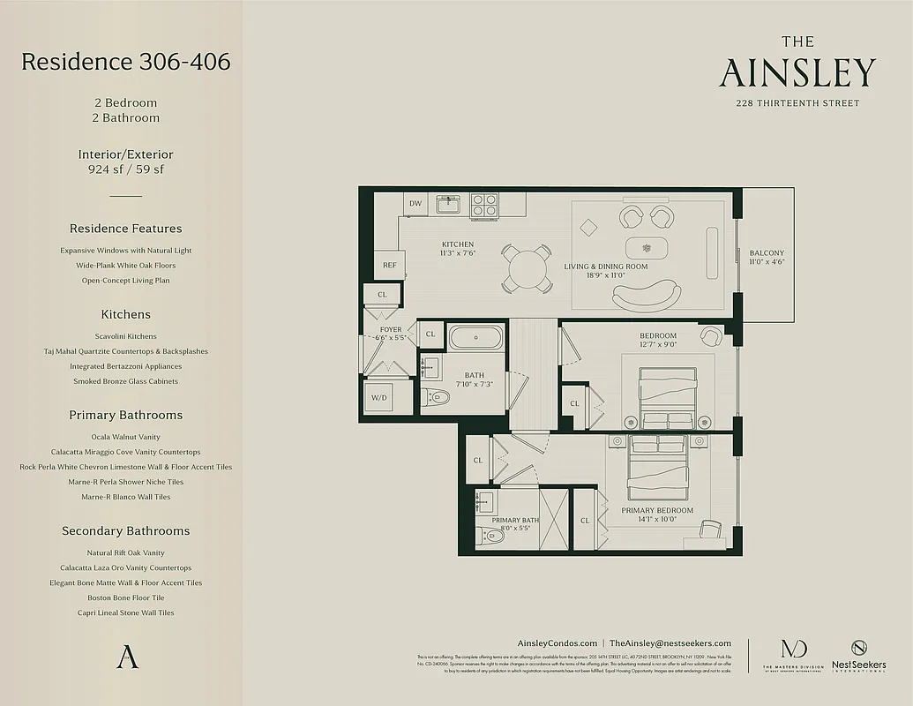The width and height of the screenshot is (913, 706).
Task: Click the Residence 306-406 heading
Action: click(x=125, y=62)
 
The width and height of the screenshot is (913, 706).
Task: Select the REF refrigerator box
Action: click(x=388, y=265)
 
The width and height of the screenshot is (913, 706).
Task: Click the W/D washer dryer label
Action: click(x=378, y=398)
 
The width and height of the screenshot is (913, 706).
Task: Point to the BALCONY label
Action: click(x=767, y=252)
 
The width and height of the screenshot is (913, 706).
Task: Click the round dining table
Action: click(x=527, y=267)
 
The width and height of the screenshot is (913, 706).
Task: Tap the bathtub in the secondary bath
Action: click(x=475, y=337)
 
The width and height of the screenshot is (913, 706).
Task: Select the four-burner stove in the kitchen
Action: click(x=483, y=205)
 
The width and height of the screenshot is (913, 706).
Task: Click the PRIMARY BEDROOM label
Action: click(x=656, y=510)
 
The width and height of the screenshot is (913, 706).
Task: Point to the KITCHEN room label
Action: click(x=457, y=244)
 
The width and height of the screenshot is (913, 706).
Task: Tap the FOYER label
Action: click(x=390, y=330)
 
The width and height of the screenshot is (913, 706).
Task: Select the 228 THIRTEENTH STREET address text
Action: click(x=797, y=103)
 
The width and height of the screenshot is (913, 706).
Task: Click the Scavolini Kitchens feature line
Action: click(x=125, y=336)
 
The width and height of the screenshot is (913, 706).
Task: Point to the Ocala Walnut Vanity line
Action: click(x=125, y=437)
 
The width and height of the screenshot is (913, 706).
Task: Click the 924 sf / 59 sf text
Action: click(x=125, y=169)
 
